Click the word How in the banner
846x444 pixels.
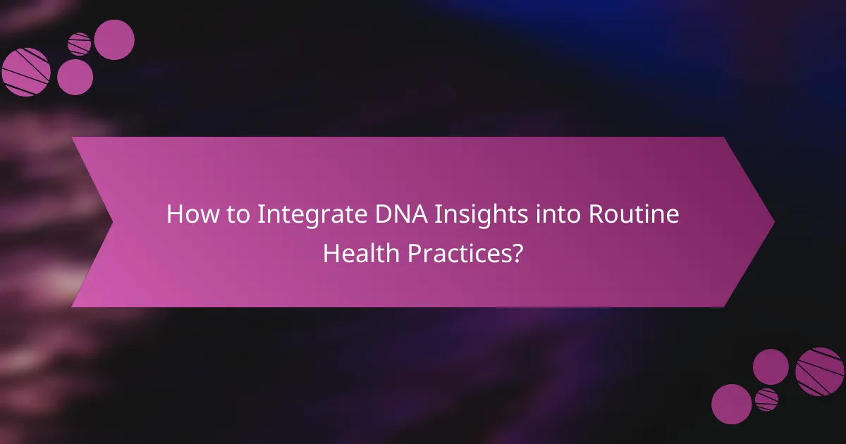click(x=188, y=214)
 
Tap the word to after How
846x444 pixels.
click(x=233, y=214)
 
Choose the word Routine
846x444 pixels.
click(x=626, y=214)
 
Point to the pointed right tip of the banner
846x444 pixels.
click(x=773, y=222)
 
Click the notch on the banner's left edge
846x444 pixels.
click(x=111, y=222)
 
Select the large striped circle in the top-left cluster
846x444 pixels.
click(x=26, y=72)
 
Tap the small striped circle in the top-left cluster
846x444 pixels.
click(x=80, y=44)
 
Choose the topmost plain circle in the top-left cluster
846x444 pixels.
click(x=114, y=39)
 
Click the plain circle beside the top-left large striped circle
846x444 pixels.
click(x=75, y=77)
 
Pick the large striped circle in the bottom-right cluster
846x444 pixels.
click(x=820, y=371)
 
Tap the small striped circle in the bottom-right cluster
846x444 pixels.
click(x=766, y=400)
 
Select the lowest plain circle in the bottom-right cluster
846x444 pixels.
click(x=731, y=404)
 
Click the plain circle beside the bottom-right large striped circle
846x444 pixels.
click(x=771, y=366)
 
